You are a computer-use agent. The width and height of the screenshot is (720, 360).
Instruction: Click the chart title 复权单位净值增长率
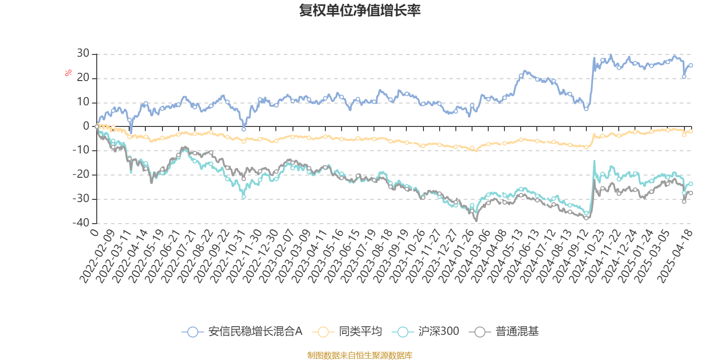(x=360, y=10)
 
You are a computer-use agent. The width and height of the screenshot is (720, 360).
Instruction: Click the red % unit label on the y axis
(x=68, y=72)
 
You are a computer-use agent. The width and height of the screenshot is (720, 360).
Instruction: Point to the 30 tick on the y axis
(x=83, y=54)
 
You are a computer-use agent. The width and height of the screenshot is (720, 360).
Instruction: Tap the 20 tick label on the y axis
(x=83, y=78)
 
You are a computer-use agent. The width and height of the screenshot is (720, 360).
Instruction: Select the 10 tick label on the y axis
(x=83, y=102)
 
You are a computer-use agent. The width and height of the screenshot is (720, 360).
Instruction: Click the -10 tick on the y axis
(x=81, y=151)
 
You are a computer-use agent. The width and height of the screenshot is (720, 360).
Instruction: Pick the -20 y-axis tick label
(x=81, y=175)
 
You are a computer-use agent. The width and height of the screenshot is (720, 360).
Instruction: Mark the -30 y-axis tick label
(x=81, y=199)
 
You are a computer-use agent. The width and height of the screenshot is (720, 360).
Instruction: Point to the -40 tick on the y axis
(x=81, y=223)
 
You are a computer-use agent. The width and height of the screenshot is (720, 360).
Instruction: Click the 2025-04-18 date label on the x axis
(x=675, y=255)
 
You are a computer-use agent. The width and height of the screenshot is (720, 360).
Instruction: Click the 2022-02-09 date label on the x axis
(x=97, y=255)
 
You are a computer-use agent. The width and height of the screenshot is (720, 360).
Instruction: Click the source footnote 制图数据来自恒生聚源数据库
(x=360, y=355)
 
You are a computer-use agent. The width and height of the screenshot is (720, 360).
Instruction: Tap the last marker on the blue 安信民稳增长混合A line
(x=691, y=66)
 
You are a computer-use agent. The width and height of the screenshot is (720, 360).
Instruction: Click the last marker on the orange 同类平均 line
(x=691, y=131)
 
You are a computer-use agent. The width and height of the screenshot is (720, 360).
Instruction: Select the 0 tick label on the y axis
(x=86, y=126)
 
